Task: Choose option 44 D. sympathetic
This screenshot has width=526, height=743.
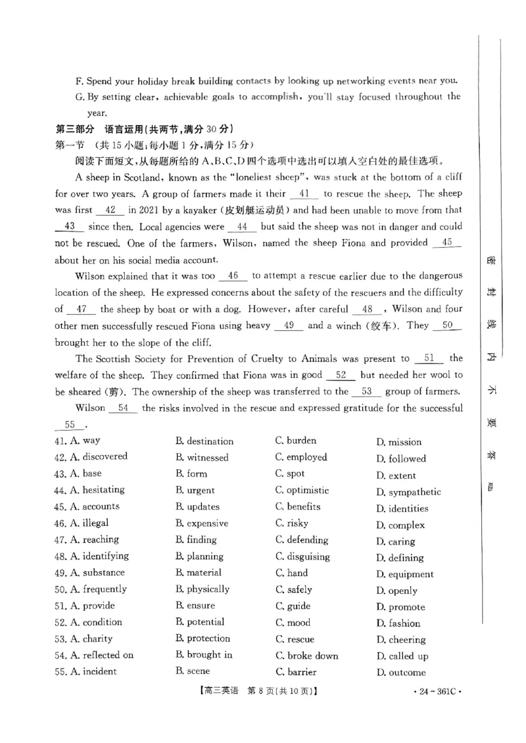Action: click(408, 492)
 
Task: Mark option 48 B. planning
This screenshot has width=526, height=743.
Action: click(199, 556)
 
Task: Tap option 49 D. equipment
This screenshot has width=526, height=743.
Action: click(404, 574)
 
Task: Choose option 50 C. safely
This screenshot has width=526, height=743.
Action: click(293, 589)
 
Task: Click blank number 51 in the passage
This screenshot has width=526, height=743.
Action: click(429, 359)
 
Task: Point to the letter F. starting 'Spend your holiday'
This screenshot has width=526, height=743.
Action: click(79, 81)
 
